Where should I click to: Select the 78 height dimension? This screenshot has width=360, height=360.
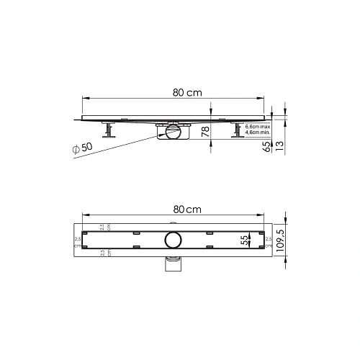206,132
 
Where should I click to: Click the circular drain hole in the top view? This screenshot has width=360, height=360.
174,240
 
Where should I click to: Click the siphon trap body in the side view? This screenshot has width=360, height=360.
173,132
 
